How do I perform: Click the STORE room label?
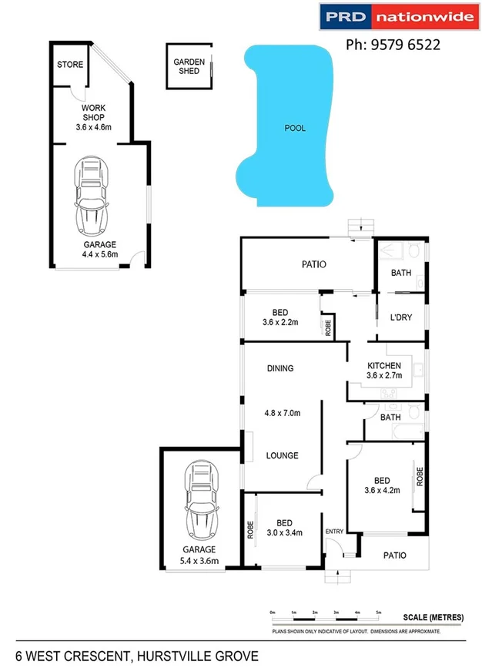click(x=70, y=65)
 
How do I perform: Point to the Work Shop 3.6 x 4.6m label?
click(x=94, y=118)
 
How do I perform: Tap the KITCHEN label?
click(x=384, y=365)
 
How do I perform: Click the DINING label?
click(x=280, y=368)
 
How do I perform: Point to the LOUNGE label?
click(x=282, y=455)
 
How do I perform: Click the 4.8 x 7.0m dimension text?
click(x=281, y=413)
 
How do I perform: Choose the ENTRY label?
click(x=334, y=532)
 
